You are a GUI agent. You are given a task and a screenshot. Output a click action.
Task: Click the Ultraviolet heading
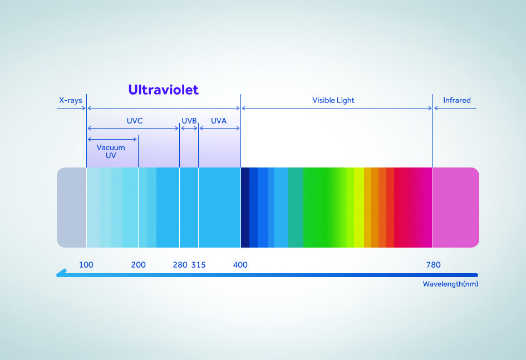click(164, 90)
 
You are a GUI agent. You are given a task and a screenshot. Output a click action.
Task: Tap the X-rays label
click(71, 100)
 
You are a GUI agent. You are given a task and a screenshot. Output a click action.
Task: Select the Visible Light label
click(333, 100)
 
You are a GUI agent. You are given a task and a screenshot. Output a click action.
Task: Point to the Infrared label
click(456, 100)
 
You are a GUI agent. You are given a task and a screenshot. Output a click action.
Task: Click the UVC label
click(135, 121)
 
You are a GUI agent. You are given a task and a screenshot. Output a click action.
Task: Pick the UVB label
click(189, 121)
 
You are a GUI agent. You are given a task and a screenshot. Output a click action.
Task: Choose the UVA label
click(219, 121)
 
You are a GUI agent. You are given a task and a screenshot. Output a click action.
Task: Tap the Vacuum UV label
click(111, 151)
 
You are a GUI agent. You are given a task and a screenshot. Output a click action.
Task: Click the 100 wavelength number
click(86, 265)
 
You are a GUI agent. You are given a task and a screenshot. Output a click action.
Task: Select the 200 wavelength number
click(138, 265)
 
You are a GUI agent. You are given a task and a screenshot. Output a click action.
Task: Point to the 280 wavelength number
click(180, 265)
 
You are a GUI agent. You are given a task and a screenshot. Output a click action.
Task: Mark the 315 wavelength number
click(198, 265)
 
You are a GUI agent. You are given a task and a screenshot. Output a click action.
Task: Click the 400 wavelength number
click(240, 265)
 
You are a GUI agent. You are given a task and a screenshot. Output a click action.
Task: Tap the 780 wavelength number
click(434, 265)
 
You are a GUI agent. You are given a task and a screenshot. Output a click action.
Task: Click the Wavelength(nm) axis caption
click(450, 284)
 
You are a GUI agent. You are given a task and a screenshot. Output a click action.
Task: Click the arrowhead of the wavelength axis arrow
click(60, 274)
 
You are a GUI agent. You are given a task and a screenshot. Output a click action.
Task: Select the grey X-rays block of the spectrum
click(71, 208)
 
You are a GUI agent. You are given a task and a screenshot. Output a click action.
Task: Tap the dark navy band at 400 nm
click(245, 208)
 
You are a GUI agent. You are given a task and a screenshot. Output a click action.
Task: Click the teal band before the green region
click(296, 208)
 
